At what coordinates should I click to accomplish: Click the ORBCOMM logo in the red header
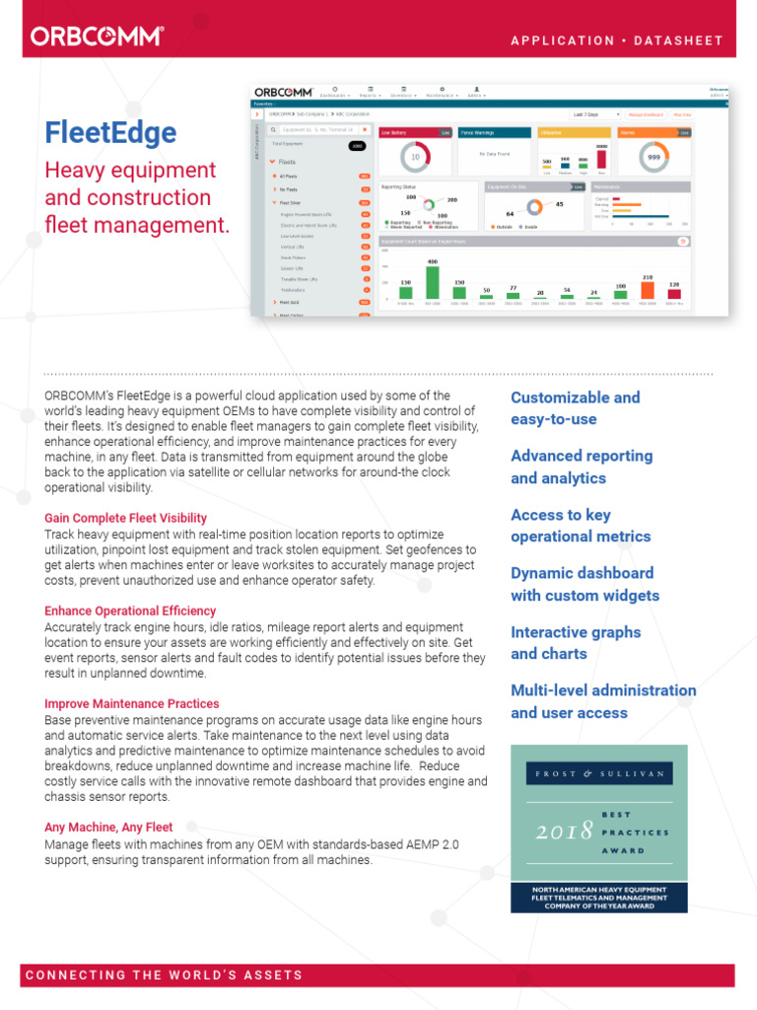pyautogui.click(x=97, y=37)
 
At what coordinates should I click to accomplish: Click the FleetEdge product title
pyautogui.click(x=110, y=133)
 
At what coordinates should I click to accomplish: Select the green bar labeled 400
pyautogui.click(x=432, y=281)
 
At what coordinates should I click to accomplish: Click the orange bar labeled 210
pyautogui.click(x=648, y=289)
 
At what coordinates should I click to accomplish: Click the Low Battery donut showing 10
pyautogui.click(x=415, y=157)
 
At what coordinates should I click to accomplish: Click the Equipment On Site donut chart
pyautogui.click(x=533, y=208)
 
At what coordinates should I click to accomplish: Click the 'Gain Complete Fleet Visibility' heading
pyautogui.click(x=125, y=518)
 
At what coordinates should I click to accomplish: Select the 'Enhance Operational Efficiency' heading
pyautogui.click(x=130, y=611)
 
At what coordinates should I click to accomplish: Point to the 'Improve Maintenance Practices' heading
pyautogui.click(x=131, y=703)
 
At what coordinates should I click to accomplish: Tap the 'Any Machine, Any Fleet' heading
pyautogui.click(x=108, y=828)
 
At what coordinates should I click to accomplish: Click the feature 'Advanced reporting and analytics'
pyautogui.click(x=582, y=467)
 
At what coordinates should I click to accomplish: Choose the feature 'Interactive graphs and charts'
pyautogui.click(x=576, y=643)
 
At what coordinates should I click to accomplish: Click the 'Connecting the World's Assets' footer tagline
pyautogui.click(x=164, y=974)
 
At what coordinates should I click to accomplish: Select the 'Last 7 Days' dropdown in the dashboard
pyautogui.click(x=596, y=114)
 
